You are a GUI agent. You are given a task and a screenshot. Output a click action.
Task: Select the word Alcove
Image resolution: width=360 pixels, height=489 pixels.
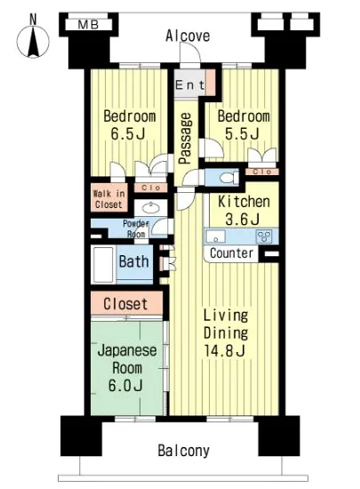[188, 36]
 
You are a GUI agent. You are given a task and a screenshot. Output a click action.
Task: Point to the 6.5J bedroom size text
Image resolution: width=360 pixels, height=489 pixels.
[129, 135]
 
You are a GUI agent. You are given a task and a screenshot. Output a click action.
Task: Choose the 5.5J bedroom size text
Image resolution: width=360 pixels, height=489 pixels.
[241, 135]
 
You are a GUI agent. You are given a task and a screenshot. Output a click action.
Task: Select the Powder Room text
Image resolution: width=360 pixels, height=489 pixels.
[135, 229]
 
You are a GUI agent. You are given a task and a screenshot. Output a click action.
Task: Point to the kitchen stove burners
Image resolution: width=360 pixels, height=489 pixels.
[264, 236]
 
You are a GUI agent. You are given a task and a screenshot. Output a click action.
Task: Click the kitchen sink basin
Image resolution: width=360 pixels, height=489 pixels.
[219, 237]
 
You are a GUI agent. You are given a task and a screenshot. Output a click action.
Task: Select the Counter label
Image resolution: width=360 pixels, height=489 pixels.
[232, 254]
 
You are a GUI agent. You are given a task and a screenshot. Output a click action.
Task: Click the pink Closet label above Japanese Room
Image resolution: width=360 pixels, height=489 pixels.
[125, 303]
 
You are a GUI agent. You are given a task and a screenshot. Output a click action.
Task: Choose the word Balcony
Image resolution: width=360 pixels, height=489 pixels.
[184, 451]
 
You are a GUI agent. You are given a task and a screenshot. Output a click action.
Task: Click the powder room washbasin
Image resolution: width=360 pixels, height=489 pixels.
[152, 207]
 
